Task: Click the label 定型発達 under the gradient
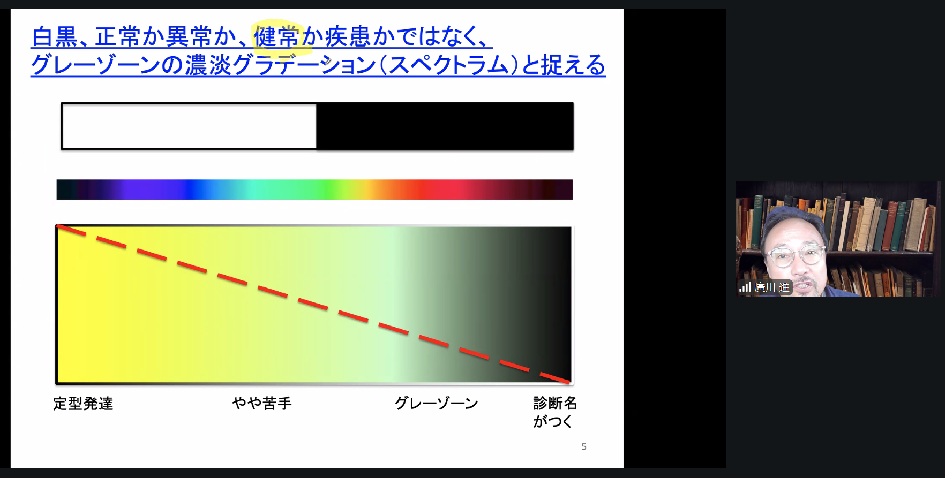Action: click(x=83, y=404)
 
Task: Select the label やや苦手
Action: click(x=262, y=403)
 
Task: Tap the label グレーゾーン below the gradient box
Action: click(x=436, y=403)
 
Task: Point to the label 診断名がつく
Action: click(x=555, y=412)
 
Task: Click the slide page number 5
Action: click(x=584, y=446)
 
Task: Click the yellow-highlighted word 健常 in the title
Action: click(x=276, y=37)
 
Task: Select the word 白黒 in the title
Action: click(x=55, y=37)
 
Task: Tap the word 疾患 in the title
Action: click(x=348, y=37)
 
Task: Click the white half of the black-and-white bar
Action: click(x=189, y=126)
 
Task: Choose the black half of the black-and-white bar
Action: click(x=445, y=126)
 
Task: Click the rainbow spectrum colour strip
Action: click(x=314, y=189)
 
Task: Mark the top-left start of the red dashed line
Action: click(x=57, y=226)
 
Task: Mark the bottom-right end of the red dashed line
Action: click(x=569, y=382)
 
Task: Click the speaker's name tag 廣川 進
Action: click(x=772, y=287)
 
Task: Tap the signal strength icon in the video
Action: click(x=745, y=287)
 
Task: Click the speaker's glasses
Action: click(x=795, y=255)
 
